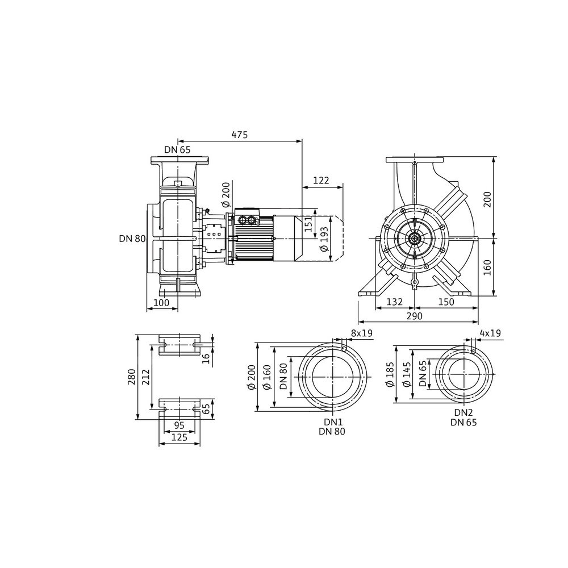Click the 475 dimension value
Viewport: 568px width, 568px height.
(x=240, y=135)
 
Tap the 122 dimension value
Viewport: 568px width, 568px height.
(x=321, y=180)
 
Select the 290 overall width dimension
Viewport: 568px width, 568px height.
(x=415, y=316)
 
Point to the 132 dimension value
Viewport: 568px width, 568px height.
(x=395, y=302)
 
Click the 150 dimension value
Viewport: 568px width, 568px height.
(x=446, y=302)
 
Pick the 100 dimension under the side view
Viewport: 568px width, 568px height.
(x=161, y=303)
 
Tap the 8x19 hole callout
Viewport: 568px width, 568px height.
(x=362, y=333)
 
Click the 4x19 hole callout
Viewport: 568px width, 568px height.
(x=490, y=333)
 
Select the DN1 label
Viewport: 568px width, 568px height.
(x=333, y=422)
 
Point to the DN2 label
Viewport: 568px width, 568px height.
(x=464, y=412)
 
